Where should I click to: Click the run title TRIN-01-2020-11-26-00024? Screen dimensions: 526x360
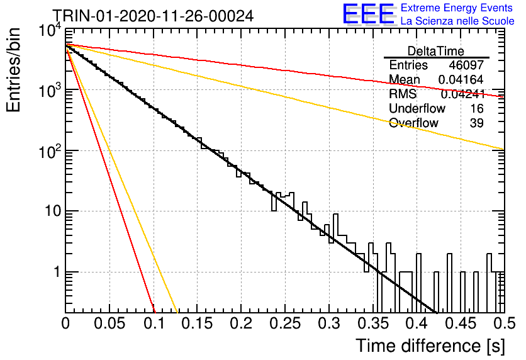coord(154,16)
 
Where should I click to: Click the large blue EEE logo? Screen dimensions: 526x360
coord(369,14)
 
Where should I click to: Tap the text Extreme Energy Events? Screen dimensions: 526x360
coord(457,8)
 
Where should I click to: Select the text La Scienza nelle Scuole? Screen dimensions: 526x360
coord(457,21)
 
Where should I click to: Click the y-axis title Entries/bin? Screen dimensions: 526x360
coord(13,70)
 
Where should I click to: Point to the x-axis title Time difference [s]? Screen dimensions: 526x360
coord(430,346)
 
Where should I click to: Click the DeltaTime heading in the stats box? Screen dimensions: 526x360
coord(436,51)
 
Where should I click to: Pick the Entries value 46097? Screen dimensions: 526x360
coord(466,65)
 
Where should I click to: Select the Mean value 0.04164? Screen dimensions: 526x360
coord(461,79)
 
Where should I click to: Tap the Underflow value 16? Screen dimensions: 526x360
coord(477,108)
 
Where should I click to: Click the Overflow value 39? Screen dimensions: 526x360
coord(477,123)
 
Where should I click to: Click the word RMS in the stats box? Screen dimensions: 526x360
coord(403,94)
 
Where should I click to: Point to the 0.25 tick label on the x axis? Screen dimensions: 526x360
coord(285,323)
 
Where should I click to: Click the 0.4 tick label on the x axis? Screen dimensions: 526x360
coord(417,323)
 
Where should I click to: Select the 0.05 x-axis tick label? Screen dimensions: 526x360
coord(109,323)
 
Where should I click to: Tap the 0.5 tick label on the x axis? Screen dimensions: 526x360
coord(504,323)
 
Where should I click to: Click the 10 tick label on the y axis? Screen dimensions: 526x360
coord(52,211)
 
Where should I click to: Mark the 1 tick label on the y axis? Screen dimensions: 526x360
coord(57,272)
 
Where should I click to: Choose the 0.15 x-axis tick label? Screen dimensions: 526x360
coord(198,323)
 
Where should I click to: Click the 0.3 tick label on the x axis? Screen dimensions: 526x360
coord(328,323)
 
